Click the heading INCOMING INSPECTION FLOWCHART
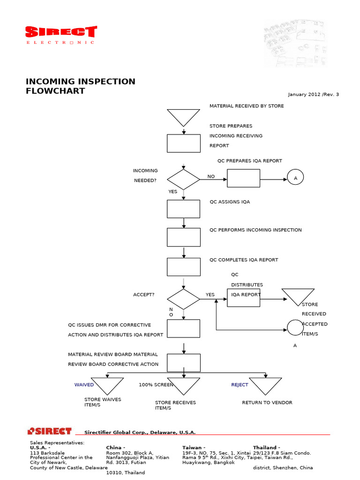[80, 86]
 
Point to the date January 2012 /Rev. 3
[313, 95]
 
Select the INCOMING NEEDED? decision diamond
[184, 180]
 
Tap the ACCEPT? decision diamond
[184, 299]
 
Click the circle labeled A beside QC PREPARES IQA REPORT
[295, 178]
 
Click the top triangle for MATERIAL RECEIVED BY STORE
[184, 117]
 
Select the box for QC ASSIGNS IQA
[184, 209]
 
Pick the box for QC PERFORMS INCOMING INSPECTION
[184, 237]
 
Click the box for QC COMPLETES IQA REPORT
[184, 267]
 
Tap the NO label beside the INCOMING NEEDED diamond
[211, 177]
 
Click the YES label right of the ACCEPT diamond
[210, 295]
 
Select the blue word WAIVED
[84, 385]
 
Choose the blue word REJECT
[240, 385]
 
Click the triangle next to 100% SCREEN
[184, 385]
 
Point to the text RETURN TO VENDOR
[267, 403]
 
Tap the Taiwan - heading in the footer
[194, 448]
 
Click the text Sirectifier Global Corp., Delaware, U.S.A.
[140, 433]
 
